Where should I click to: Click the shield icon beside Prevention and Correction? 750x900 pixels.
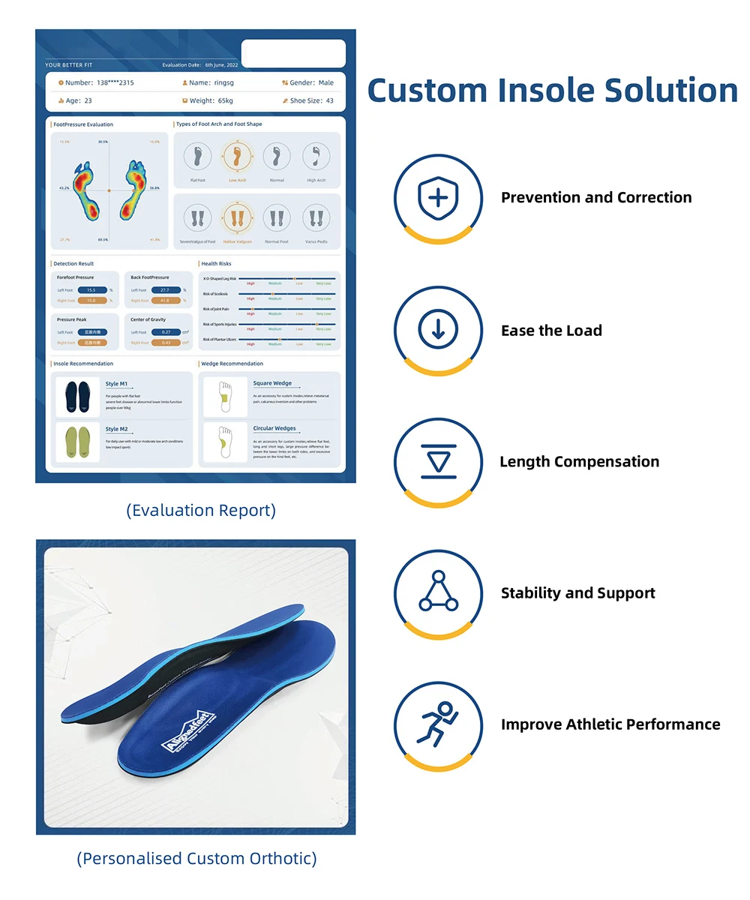[438, 198]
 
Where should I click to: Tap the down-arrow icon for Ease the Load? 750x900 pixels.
[438, 330]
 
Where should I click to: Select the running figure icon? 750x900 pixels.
[438, 724]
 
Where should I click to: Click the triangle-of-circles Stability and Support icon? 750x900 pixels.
[438, 592]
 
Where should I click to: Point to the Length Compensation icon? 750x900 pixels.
[438, 461]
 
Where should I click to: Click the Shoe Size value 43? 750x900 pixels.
[329, 100]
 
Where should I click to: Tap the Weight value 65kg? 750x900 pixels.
[223, 100]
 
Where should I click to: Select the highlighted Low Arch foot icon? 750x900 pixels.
[237, 157]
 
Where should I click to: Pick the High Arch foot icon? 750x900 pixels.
[316, 157]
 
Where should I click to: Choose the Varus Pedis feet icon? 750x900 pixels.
[316, 219]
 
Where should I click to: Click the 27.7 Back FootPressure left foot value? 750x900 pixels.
[165, 289]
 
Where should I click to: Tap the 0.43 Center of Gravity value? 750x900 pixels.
[166, 343]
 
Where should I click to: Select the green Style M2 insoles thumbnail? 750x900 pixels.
[78, 442]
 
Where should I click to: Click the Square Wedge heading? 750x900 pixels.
[272, 383]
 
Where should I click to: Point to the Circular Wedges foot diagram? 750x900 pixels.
[224, 442]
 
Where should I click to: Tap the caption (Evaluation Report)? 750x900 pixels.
[200, 511]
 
